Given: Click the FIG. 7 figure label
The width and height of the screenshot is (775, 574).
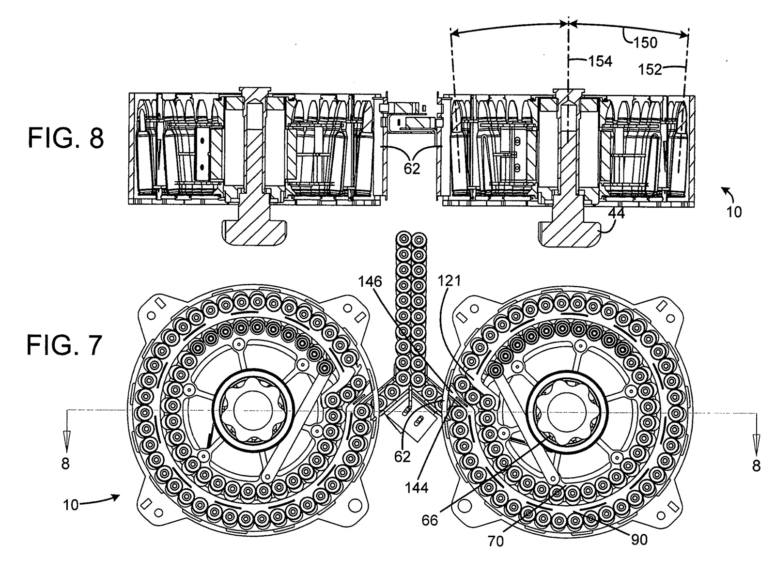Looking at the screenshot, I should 64,346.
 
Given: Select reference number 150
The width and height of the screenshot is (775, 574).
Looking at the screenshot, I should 645,43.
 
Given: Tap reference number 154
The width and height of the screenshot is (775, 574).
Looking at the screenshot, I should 601,62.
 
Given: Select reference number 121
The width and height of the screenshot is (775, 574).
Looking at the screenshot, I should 449,280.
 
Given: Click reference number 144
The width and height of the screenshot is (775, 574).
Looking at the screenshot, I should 417,488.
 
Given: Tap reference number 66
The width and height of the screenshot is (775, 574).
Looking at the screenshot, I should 430,521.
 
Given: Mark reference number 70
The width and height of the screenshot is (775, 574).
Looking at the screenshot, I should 496,541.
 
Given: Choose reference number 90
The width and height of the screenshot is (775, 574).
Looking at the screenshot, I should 639,539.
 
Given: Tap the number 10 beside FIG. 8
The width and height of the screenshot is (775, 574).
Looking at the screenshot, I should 734,212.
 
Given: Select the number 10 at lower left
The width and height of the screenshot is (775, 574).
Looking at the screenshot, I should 71,505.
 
